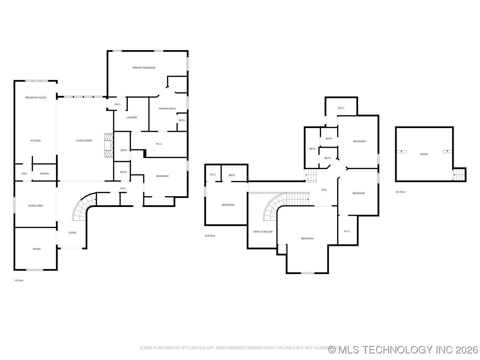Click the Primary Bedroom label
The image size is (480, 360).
(143, 68)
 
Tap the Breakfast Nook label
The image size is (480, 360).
(36, 98)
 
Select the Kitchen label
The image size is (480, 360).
(36, 141)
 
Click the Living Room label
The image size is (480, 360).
(84, 141)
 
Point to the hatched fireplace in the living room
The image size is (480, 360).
(108, 145)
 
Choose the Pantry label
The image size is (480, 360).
(44, 174)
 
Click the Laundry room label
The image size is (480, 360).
(132, 117)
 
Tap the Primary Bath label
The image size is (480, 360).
(167, 109)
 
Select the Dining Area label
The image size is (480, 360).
(36, 206)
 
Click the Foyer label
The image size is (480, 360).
(72, 232)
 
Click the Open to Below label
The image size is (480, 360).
(262, 232)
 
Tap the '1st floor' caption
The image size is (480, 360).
(19, 280)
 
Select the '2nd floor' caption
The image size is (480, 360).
(210, 236)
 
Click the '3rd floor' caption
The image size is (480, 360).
(400, 192)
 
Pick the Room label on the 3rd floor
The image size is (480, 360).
(424, 154)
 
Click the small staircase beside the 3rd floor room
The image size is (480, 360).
(460, 174)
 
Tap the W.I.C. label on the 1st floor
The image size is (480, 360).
(159, 144)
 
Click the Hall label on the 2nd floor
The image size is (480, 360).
(324, 190)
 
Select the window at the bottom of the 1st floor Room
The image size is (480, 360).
(35, 270)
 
